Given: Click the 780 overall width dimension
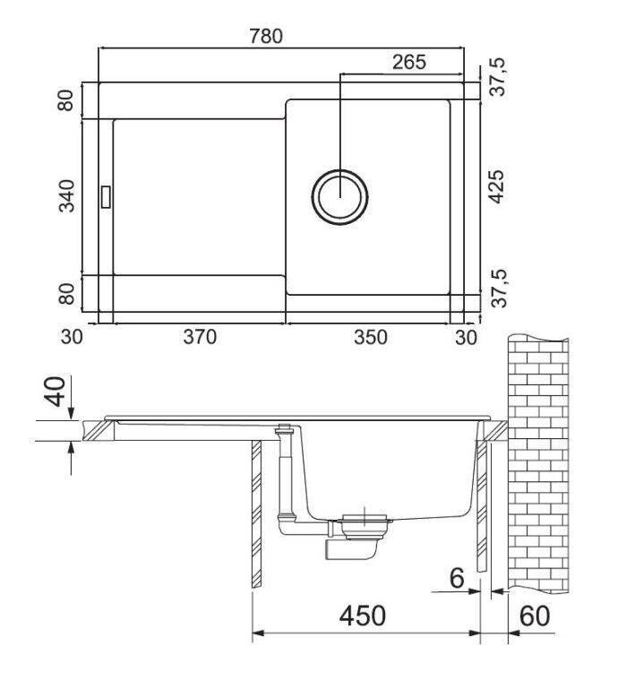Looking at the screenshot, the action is pos(266,36).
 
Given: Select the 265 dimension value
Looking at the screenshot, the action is pos(409,63).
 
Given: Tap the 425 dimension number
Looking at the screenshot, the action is pos(496,186).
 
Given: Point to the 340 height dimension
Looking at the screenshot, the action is pos(66,196).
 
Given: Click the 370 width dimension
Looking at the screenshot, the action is pos(200,337).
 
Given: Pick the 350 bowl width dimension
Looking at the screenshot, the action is pos(370,337).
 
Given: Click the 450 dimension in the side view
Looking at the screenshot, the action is pos(362,616).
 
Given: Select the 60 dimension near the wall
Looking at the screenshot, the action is pos(534,616).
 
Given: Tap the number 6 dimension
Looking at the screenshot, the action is pos(457,578).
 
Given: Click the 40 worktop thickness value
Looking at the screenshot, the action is pos(56,392).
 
